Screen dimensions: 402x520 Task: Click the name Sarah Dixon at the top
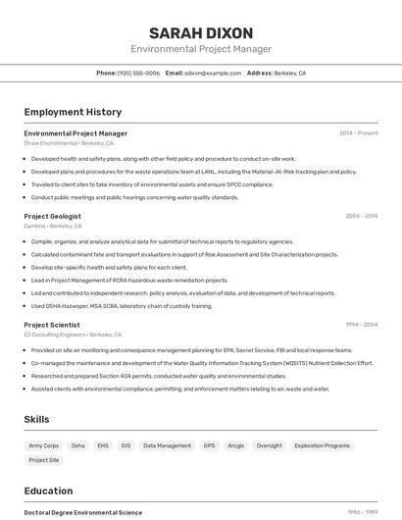pos(201,33)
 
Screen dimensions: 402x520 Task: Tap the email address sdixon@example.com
pos(213,73)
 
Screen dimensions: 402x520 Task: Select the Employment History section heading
pos(73,112)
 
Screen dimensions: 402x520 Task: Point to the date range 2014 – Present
pos(359,133)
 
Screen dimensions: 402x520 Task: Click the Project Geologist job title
pos(53,216)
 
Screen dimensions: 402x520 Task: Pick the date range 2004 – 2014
pos(361,216)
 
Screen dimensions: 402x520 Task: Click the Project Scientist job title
pos(52,325)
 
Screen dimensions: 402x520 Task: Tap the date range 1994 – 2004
pos(361,325)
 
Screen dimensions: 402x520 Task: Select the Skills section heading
pos(36,419)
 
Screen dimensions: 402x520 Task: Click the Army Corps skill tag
pos(44,445)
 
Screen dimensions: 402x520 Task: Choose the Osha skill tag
pos(77,445)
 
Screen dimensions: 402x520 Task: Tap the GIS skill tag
pos(126,445)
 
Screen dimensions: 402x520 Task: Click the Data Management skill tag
pos(167,445)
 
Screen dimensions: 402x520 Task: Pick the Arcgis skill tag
pos(235,445)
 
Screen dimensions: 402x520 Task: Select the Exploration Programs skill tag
pos(322,445)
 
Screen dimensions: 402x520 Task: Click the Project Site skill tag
pos(44,460)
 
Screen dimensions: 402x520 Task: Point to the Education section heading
pos(48,491)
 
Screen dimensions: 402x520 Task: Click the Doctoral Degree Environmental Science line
pos(82,512)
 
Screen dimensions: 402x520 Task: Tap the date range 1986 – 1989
pos(362,512)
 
